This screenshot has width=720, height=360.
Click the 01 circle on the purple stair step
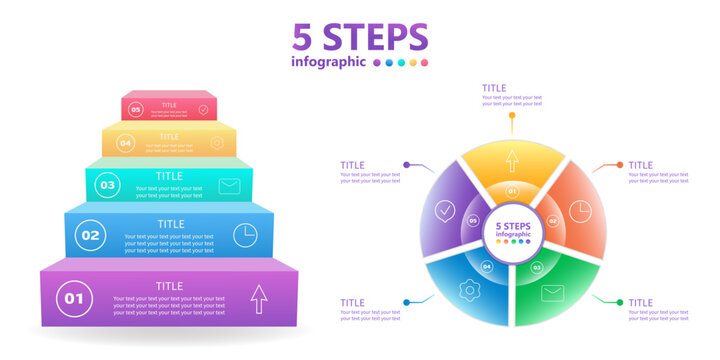tap(73, 297)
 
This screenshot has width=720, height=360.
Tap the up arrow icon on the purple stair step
tap(259, 297)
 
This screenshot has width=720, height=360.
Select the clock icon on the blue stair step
tap(245, 235)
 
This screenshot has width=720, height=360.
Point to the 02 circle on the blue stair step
tap(91, 236)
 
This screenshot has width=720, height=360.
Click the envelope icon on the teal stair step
tap(230, 185)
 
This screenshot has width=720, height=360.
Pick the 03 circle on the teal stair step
tap(108, 185)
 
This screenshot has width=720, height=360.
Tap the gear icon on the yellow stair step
tap(217, 143)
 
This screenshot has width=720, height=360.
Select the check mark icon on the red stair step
tap(203, 110)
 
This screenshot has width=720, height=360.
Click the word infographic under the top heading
tap(327, 62)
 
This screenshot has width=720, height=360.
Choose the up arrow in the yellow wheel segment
tap(512, 159)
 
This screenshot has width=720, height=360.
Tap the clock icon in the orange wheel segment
tap(580, 211)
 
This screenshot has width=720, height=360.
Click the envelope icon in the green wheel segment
tap(553, 293)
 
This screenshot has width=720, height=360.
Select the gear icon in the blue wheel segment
tap(467, 291)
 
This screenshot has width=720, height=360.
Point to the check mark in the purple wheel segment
tap(445, 211)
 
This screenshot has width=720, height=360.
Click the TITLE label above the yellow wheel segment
tap(494, 88)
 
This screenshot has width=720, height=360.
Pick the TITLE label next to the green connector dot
tap(641, 302)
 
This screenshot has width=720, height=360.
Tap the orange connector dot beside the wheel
tap(620, 165)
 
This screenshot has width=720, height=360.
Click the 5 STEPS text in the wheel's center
tap(512, 227)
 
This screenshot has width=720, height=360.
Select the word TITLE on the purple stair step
tap(169, 286)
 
